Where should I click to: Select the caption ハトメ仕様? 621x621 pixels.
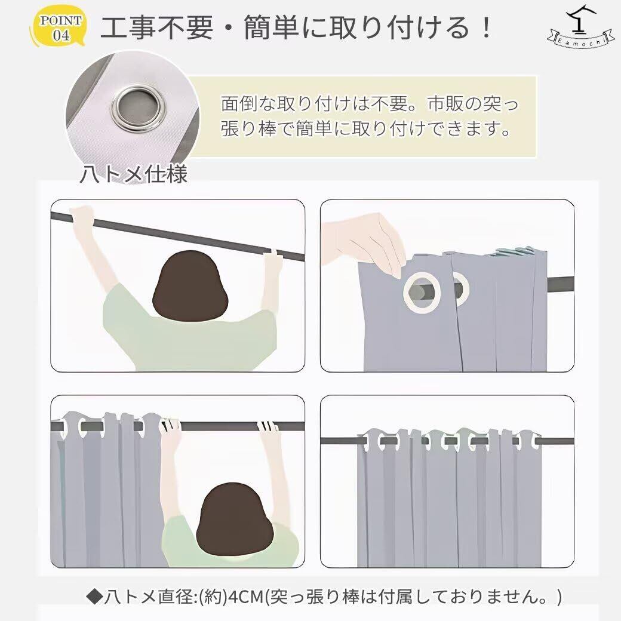point(134,174)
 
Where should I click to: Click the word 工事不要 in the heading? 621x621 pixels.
point(157,27)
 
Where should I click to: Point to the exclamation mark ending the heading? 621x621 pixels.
point(485,27)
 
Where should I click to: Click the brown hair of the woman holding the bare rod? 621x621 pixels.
point(190,283)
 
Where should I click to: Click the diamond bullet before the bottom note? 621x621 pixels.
point(95,597)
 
